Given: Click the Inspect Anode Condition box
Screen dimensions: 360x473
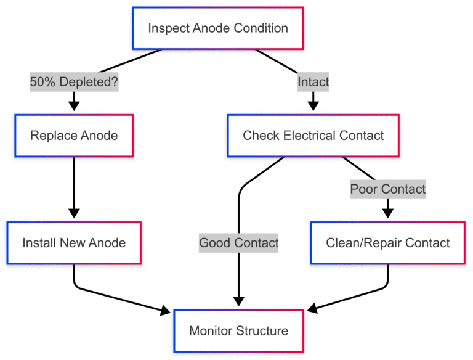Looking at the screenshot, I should click(218, 28).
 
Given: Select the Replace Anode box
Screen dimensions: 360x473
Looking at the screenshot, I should click(74, 135).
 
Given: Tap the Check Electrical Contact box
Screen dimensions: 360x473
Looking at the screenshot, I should click(313, 135).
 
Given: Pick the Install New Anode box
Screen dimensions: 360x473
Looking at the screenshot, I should click(74, 243).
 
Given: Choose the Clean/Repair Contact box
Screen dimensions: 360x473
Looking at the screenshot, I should click(388, 243).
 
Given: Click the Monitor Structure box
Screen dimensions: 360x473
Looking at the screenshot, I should click(238, 331).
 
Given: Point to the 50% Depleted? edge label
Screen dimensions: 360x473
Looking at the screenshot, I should click(74, 81).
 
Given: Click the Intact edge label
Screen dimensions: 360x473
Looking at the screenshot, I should click(313, 81).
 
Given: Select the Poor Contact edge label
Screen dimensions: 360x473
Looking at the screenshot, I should click(388, 189).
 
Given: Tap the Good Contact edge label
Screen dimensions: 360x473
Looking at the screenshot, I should click(238, 243).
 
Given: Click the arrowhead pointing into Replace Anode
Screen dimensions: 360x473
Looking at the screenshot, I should click(74, 106).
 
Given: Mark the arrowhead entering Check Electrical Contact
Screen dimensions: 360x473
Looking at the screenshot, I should click(313, 106).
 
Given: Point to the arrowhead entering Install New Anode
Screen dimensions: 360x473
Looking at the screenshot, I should click(74, 213).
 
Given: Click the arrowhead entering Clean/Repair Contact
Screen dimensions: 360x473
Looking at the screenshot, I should click(388, 213).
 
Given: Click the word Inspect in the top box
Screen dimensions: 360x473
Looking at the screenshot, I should click(168, 28).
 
